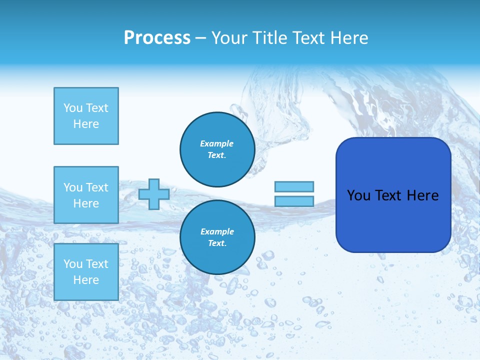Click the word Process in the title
coord(157,38)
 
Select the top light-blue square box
coord(86,116)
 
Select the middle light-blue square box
coord(86,195)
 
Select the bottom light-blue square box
coord(86,271)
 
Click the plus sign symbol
coord(154,194)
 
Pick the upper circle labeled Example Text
coord(217,149)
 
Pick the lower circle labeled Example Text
coord(217,237)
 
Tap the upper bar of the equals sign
coord(294,186)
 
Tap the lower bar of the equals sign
coord(294,201)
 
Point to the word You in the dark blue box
coord(358,195)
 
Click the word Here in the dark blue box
coord(422,195)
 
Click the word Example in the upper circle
coord(217,143)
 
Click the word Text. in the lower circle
coord(217,243)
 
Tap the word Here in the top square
coord(86,124)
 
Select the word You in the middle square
coord(72,187)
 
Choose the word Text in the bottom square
coord(96,264)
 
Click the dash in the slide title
coord(201,38)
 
